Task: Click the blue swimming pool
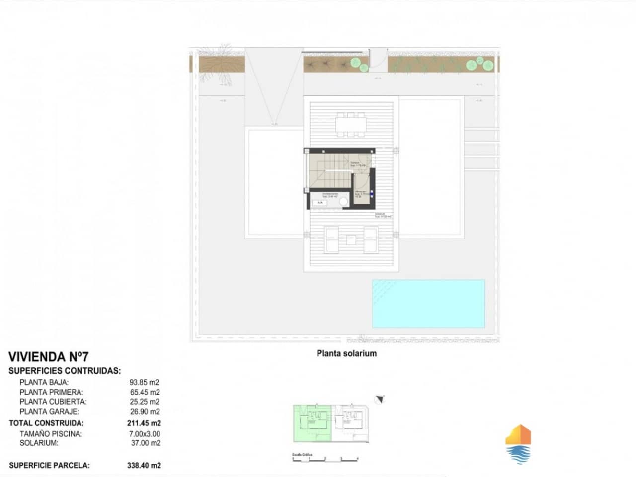[428, 304]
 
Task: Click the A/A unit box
[320, 203]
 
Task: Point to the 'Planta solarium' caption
[346, 353]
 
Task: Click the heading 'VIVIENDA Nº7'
[49, 357]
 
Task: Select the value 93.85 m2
[144, 382]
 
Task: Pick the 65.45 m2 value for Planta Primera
[144, 392]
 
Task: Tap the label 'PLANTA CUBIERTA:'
[53, 402]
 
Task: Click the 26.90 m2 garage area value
[144, 411]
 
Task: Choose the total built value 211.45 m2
[144, 423]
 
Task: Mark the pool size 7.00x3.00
[144, 434]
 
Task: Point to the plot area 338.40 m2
[144, 466]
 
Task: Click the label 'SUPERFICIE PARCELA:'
[50, 466]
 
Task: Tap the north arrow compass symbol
[380, 398]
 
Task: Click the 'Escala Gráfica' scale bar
[325, 459]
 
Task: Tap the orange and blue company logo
[518, 444]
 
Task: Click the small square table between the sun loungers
[351, 239]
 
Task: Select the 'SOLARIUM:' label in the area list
[39, 443]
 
